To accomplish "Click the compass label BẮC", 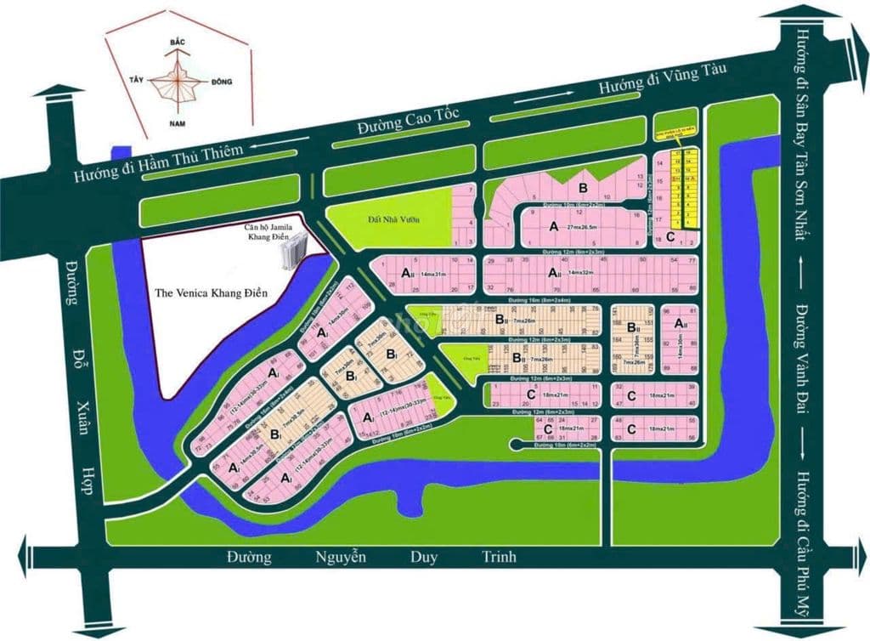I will (x=178, y=42).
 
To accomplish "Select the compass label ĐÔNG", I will (x=219, y=82).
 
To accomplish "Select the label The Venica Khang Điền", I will (x=212, y=292).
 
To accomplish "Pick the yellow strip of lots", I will (x=686, y=187).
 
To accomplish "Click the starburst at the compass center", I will (x=178, y=82).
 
